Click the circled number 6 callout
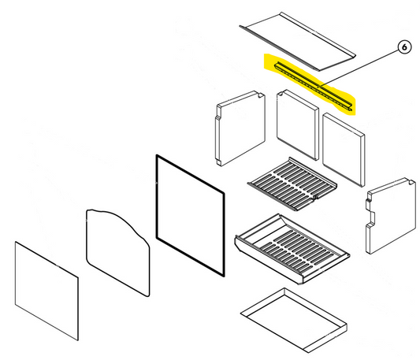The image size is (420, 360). coord(404,47)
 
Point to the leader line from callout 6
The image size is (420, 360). coord(358,69)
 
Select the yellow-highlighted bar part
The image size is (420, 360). coord(314,87)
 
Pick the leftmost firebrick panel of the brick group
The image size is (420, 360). coord(240,128)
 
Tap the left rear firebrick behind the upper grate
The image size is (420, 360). coord(297,124)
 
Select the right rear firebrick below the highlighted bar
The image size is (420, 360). coord(344,150)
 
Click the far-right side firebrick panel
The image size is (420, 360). coord(391,216)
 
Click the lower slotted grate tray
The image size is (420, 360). coord(292,248)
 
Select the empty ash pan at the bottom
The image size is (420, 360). coord(294,320)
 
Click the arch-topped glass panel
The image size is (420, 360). coord(118,252)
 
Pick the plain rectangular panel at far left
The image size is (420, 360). coord(46,291)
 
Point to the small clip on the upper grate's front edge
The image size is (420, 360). coord(315,197)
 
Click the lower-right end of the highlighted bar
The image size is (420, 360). coord(350,108)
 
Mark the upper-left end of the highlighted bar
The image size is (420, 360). coord(277,65)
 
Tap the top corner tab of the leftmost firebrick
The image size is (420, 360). coord(260,94)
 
